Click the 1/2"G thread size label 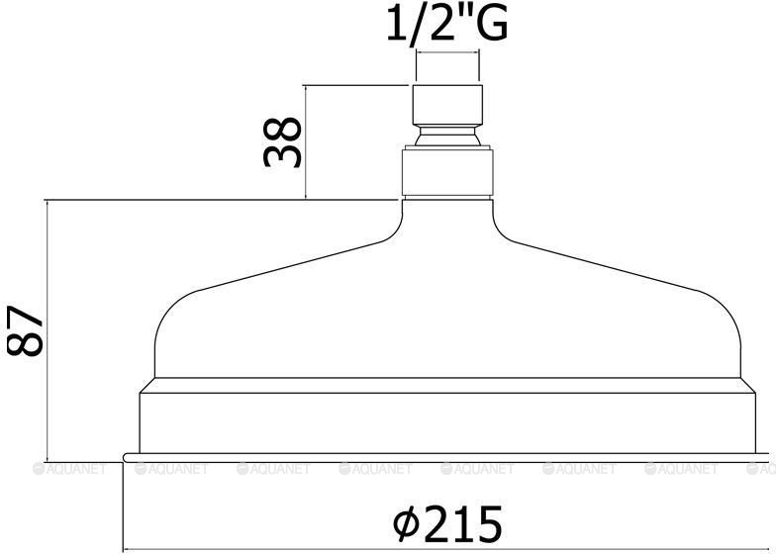tap(447, 24)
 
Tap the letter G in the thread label tap(492, 24)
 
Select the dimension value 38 tap(282, 142)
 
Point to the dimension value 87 tap(26, 330)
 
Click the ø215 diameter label tap(447, 523)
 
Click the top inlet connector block tap(447, 105)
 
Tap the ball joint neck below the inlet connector tap(447, 135)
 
